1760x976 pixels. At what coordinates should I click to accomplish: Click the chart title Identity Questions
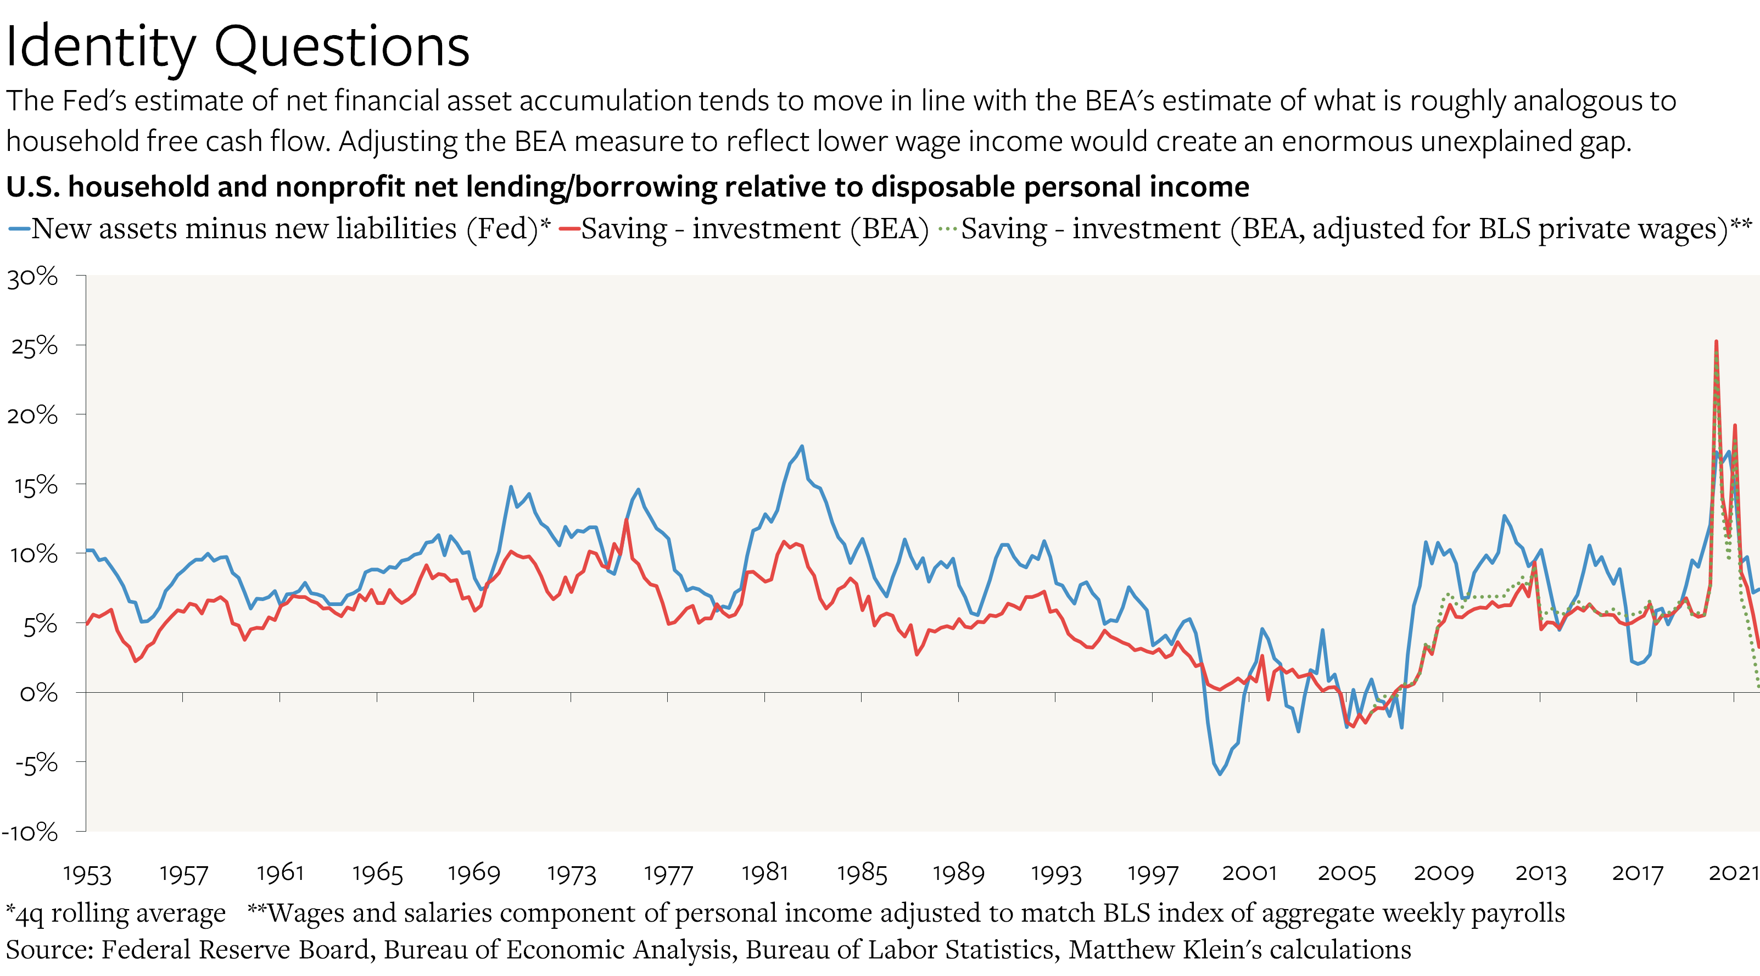(237, 47)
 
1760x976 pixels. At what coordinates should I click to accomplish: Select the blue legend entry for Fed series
(279, 229)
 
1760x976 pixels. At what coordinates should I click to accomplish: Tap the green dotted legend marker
(948, 229)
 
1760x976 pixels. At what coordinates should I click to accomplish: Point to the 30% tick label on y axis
(33, 277)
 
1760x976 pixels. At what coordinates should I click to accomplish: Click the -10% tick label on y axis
(30, 832)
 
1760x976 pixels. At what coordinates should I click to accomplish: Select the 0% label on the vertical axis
(38, 693)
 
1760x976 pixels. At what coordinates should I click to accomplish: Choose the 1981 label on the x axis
(764, 873)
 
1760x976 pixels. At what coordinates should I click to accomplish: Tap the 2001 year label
(1249, 873)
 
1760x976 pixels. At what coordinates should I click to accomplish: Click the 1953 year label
(87, 873)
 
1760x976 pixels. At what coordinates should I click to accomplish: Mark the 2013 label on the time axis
(1540, 873)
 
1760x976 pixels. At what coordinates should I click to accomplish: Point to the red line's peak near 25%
(1716, 342)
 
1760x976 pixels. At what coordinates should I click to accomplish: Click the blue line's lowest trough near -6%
(1220, 774)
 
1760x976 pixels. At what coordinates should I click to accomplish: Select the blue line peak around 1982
(802, 447)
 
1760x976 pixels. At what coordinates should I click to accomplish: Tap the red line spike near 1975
(626, 520)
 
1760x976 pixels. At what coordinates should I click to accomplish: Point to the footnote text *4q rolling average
(116, 913)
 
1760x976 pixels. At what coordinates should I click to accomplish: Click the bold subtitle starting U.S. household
(627, 187)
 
